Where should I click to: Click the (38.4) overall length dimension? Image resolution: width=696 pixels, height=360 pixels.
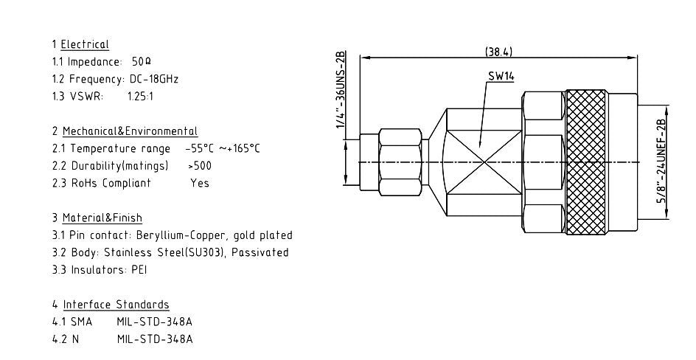pos(499,52)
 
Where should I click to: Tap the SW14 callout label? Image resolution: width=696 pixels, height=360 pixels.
pos(501,77)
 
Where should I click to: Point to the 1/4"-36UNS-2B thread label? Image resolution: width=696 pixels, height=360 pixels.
pos(340,91)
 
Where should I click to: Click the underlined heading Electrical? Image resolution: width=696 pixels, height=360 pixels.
pos(85,45)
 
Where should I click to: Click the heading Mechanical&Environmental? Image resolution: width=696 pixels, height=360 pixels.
pos(130,131)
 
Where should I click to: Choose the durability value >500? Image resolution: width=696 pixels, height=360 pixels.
pos(201,165)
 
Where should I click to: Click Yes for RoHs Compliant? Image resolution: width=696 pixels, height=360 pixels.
pos(200,183)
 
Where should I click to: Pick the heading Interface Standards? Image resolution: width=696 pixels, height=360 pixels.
pos(116,305)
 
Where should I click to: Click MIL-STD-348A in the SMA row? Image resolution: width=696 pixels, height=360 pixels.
pos(155,322)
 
